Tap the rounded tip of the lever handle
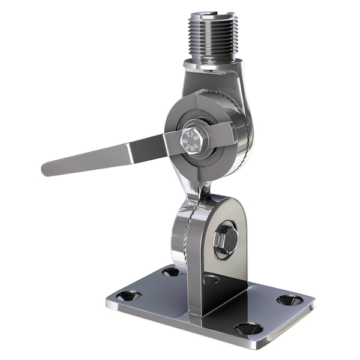tap(47, 167)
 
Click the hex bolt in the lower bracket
tap(225, 239)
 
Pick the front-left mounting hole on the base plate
tap(128, 296)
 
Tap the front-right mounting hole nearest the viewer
tap(248, 328)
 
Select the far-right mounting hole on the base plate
tap(289, 299)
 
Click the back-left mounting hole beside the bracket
tap(171, 272)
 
